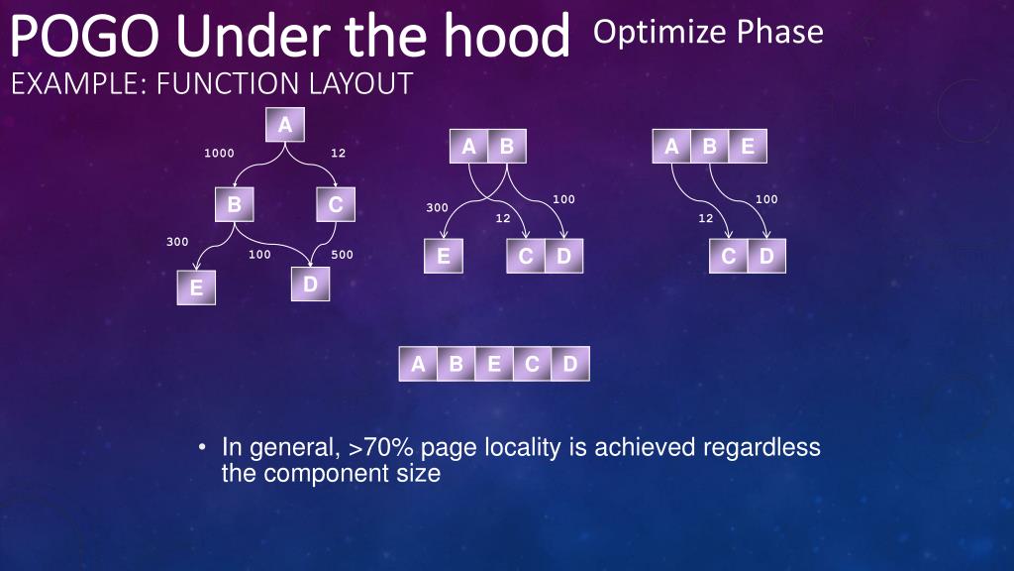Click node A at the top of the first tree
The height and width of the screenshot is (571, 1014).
coord(285,125)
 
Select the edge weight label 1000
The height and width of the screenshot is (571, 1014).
coord(219,154)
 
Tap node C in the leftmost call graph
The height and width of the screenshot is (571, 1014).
coord(336,205)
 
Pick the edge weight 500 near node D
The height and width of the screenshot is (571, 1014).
coord(342,255)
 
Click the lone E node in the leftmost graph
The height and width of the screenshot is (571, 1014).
coord(196,288)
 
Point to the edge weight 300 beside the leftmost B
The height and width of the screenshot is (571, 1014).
coord(177,242)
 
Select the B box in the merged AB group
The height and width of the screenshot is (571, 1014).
coord(507,148)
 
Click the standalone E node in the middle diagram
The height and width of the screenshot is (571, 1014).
coord(443,257)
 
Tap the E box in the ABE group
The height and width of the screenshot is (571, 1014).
coord(748,148)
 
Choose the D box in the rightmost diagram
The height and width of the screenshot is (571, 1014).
coord(766,257)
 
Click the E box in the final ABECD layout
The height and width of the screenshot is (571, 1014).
coord(493,364)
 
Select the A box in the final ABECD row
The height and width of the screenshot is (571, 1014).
coord(418,364)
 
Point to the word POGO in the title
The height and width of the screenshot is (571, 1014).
coord(74,36)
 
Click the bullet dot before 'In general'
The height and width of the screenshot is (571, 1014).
coord(201,448)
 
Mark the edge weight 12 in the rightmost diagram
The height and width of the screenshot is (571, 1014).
coord(705,218)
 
